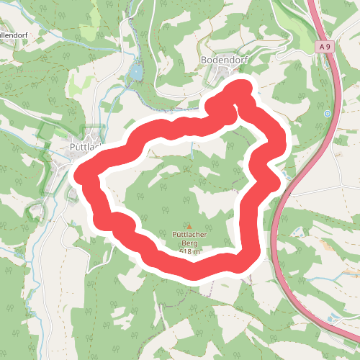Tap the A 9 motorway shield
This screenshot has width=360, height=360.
[x=325, y=47]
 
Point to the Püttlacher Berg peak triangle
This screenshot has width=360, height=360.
[x=189, y=226]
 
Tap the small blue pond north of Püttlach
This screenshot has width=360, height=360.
[x=135, y=72]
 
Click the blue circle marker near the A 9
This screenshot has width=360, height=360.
[x=328, y=113]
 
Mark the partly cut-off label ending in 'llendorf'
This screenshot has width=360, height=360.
[x=14, y=34]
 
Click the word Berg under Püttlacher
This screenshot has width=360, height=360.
[x=189, y=243]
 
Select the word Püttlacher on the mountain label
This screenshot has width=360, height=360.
[x=189, y=234]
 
